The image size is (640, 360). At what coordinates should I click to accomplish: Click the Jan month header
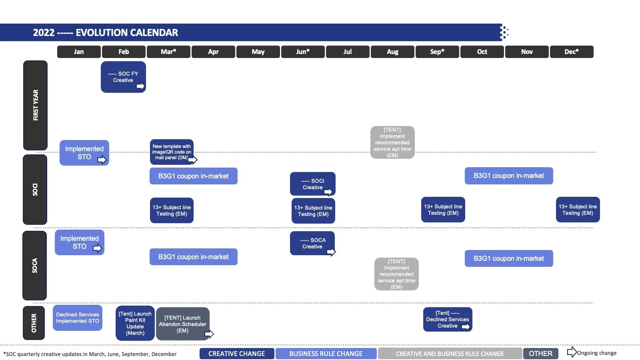pos(79,52)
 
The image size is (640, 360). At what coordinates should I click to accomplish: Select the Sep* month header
pos(437,52)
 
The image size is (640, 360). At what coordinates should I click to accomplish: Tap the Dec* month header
pos(572,52)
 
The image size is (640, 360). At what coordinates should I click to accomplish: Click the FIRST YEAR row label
pos(36,105)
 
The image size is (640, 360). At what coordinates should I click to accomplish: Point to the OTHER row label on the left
pos(34,323)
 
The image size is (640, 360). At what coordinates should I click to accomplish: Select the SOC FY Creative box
pos(123,77)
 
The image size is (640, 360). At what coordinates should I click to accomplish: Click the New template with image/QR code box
pos(172,152)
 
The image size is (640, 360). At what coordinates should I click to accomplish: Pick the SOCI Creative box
pos(312,184)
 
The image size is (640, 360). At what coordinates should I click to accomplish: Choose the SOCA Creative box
pos(312,243)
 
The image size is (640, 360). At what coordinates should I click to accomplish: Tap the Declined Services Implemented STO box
pos(78,318)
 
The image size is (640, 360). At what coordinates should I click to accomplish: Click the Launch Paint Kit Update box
pos(135,323)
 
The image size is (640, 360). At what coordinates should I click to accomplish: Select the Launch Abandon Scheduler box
pos(182,324)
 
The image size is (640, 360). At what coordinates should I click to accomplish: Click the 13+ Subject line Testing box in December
pos(578,210)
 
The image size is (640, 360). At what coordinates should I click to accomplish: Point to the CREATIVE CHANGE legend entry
pos(237,354)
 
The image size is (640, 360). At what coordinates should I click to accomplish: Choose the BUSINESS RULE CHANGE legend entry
pos(326,354)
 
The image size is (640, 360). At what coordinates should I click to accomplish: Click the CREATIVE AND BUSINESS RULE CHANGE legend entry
pos(450,354)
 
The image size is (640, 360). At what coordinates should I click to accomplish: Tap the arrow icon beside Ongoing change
pos(572,352)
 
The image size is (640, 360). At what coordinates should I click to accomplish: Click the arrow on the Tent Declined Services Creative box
pos(466,327)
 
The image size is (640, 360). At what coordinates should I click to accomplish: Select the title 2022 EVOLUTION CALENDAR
pos(106,33)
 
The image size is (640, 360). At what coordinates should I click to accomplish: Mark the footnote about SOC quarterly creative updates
pos(90,354)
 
